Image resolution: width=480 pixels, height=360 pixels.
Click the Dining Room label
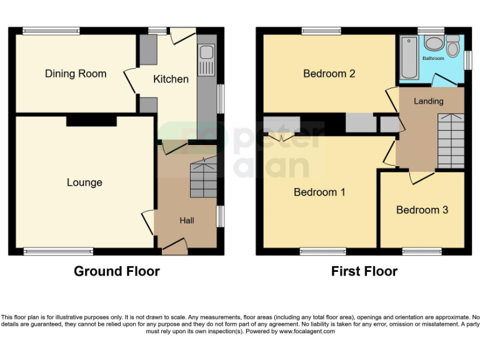(x=76, y=74)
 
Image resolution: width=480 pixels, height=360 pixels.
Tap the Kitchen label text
(x=171, y=79)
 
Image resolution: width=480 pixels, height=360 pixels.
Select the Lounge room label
(x=84, y=182)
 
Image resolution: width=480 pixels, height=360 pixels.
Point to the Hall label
(x=187, y=221)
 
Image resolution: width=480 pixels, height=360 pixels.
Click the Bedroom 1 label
(x=319, y=192)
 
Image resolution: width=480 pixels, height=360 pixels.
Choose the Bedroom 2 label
(x=329, y=74)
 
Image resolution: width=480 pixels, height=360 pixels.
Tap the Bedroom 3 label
(x=422, y=210)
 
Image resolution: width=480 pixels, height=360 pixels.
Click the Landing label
(x=429, y=101)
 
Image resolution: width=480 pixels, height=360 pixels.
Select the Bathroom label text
(x=433, y=59)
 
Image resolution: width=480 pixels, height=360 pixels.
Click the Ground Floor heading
(x=117, y=271)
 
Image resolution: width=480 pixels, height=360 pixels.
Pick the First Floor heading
(x=364, y=271)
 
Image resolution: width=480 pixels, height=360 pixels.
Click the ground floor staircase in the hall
(x=203, y=178)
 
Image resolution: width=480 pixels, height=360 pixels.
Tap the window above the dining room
(x=51, y=30)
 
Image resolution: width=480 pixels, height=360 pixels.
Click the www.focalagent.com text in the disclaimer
(x=307, y=331)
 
